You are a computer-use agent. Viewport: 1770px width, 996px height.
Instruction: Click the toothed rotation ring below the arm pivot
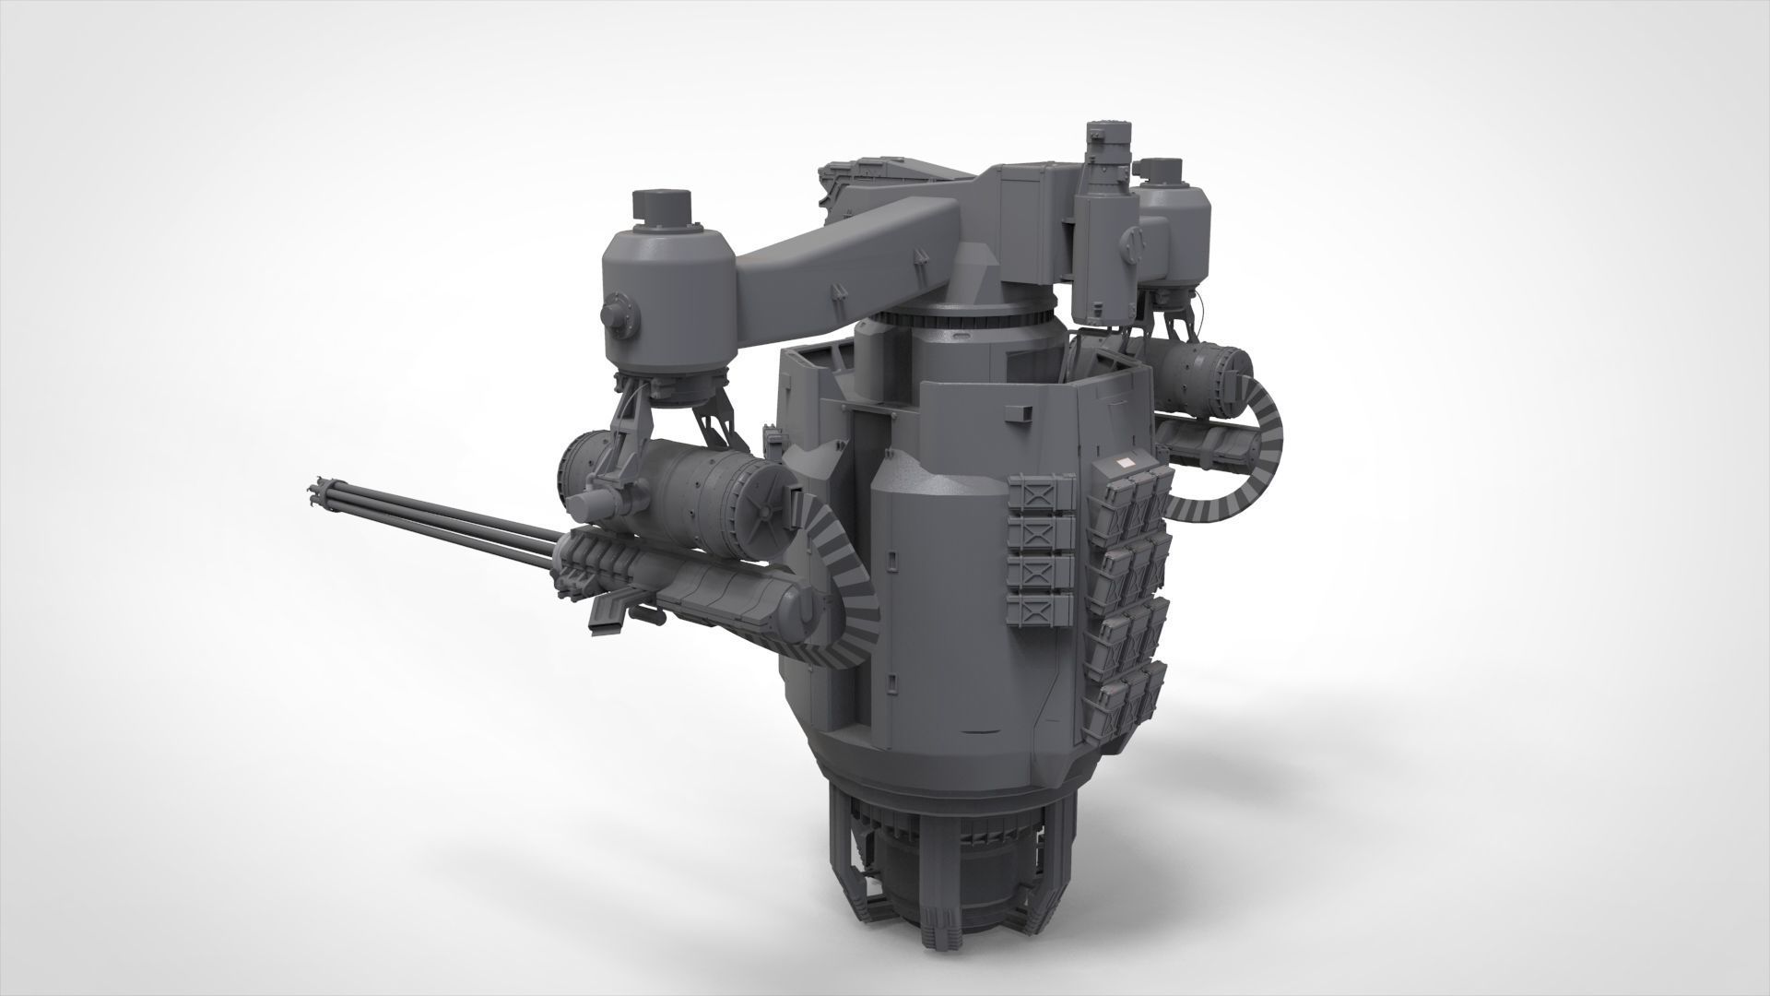959,317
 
